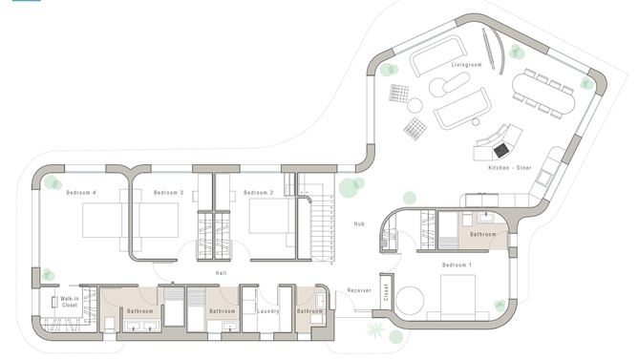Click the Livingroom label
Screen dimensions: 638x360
(x=466, y=65)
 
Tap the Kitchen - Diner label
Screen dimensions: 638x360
(x=510, y=168)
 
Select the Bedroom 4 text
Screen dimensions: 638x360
(x=81, y=192)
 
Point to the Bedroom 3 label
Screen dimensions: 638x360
(x=168, y=192)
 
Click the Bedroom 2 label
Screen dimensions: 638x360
(x=259, y=192)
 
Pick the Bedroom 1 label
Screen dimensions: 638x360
(x=457, y=265)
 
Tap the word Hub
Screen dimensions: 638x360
(x=359, y=223)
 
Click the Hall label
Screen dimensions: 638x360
(x=221, y=273)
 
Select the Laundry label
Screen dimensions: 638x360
(x=268, y=311)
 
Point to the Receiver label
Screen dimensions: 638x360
(x=359, y=290)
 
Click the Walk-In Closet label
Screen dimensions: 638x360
(x=69, y=302)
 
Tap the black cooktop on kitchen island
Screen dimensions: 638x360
(x=501, y=150)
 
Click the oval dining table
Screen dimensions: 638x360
(x=543, y=93)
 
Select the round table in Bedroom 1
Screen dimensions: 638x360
(x=410, y=301)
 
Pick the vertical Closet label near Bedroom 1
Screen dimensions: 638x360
(x=386, y=292)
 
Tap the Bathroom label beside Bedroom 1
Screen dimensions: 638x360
(x=483, y=234)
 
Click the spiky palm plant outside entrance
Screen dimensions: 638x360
(x=375, y=329)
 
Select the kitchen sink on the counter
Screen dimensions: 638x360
(x=544, y=177)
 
